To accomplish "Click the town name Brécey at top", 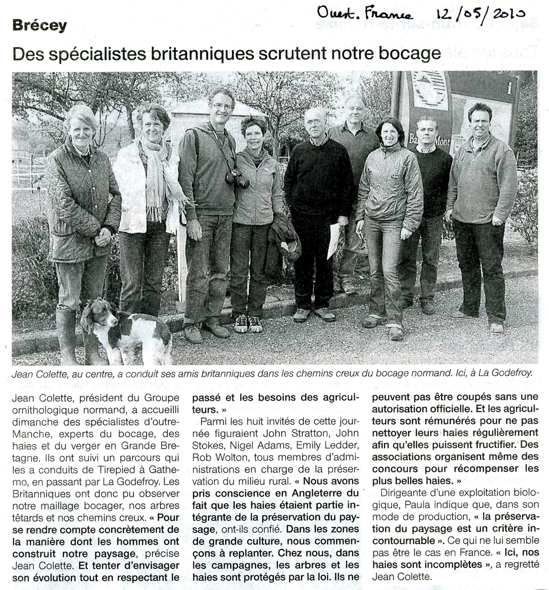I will tap(39, 25).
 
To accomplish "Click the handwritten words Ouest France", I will tap(365, 13).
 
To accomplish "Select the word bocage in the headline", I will tap(409, 54).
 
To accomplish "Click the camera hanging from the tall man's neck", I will tap(237, 177).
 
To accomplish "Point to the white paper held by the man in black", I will tap(334, 241).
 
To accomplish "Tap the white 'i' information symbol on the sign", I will tap(509, 87).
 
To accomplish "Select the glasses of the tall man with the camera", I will tap(222, 106).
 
